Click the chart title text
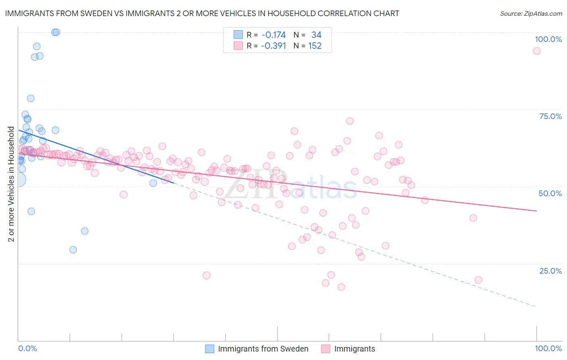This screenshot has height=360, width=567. click(x=202, y=13)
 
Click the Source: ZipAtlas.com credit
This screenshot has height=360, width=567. click(x=531, y=13)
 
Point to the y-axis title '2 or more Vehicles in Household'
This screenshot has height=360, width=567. click(x=11, y=184)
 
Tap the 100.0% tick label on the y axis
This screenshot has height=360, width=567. click(x=548, y=39)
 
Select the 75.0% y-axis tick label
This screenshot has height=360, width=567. click(x=550, y=116)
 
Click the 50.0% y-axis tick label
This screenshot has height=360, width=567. click(x=550, y=193)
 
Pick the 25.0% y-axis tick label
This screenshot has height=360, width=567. click(x=550, y=270)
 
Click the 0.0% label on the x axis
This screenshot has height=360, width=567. click(x=27, y=348)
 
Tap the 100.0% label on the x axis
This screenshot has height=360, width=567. click(x=548, y=348)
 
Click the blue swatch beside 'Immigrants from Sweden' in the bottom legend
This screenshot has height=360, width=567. click(x=210, y=349)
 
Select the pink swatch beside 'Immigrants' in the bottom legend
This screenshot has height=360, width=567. click(x=326, y=349)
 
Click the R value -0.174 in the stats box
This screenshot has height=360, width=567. click(x=273, y=35)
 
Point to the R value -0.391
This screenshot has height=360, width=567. click(x=273, y=46)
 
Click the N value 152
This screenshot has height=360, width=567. click(x=315, y=46)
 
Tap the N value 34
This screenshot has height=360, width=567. click(x=316, y=35)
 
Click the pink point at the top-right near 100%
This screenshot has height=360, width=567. click(x=536, y=51)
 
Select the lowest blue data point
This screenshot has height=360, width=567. click(x=73, y=250)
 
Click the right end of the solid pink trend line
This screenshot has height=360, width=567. click(x=536, y=211)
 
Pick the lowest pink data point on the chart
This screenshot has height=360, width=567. click(x=341, y=287)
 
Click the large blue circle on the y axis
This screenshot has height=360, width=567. click(x=19, y=180)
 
